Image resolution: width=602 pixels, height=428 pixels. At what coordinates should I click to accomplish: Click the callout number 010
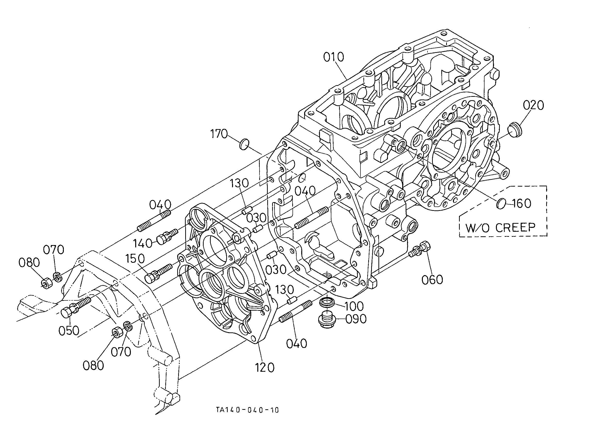pos(334,57)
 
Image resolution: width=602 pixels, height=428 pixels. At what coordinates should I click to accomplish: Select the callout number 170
pos(219,134)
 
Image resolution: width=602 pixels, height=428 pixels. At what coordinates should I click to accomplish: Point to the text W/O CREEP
pos(500,227)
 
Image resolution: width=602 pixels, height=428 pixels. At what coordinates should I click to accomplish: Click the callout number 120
pos(265,367)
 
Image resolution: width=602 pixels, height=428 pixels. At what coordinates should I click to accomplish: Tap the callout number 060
pos(432,280)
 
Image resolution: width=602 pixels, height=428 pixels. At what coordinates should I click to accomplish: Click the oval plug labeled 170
pos(244,144)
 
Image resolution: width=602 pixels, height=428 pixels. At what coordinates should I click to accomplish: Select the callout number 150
pos(135,259)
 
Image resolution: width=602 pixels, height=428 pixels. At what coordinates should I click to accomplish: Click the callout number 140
pos(142,244)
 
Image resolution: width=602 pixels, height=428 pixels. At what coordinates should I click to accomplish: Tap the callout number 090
pos(356,319)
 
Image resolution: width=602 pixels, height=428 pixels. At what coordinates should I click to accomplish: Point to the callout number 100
pos(353,306)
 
